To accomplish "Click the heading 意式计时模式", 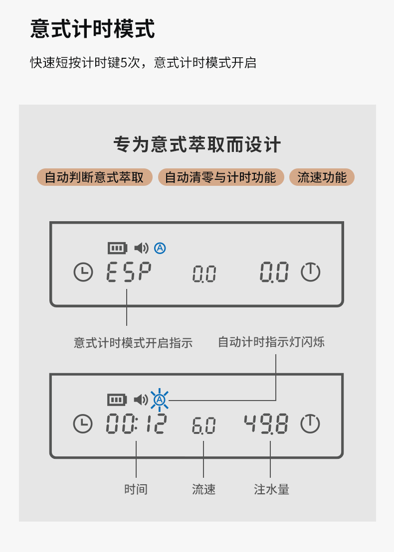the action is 93,29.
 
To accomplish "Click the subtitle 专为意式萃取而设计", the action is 197,145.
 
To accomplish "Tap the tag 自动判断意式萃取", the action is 94,177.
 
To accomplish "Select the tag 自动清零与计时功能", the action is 220,177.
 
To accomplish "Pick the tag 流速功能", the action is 322,177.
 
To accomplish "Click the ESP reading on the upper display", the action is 129,272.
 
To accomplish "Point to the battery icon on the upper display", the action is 118,248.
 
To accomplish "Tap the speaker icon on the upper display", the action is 142,248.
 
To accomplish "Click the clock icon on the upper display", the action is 83,272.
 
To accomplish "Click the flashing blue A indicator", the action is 160,400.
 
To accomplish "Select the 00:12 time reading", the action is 136,424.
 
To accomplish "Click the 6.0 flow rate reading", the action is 203,426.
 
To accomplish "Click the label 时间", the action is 136,489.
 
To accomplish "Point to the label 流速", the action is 203,489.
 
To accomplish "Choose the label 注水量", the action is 271,489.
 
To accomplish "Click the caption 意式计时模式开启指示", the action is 133,343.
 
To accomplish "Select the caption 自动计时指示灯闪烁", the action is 271,342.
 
